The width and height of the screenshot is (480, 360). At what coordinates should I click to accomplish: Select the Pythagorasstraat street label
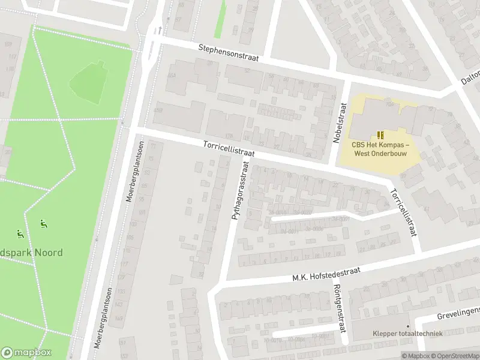pos(239,190)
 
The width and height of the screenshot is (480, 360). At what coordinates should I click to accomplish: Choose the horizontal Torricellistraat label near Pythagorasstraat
pos(229,149)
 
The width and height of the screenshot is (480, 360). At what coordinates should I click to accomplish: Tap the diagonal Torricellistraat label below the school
pos(403,212)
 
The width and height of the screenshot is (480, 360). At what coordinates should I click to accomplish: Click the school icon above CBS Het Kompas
pos(380,135)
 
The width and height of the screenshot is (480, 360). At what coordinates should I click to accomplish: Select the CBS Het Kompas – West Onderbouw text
pos(380,149)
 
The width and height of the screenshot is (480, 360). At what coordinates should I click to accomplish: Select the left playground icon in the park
pos(19,233)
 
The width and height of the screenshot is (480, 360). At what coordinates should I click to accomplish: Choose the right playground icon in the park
pos(43,224)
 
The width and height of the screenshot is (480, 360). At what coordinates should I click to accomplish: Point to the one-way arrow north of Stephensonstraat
pos(160,29)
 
